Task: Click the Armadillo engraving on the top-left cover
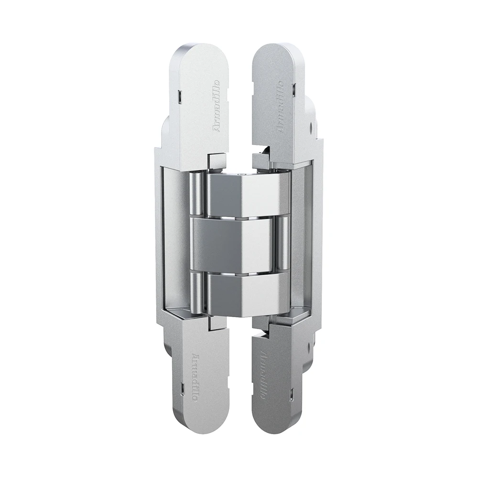[x=216, y=105]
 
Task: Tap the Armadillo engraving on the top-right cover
[x=278, y=105]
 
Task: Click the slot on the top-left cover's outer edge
[x=177, y=96]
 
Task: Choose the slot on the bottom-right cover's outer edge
[x=291, y=395]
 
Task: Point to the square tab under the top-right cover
[x=261, y=158]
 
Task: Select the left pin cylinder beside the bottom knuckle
[x=196, y=292]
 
